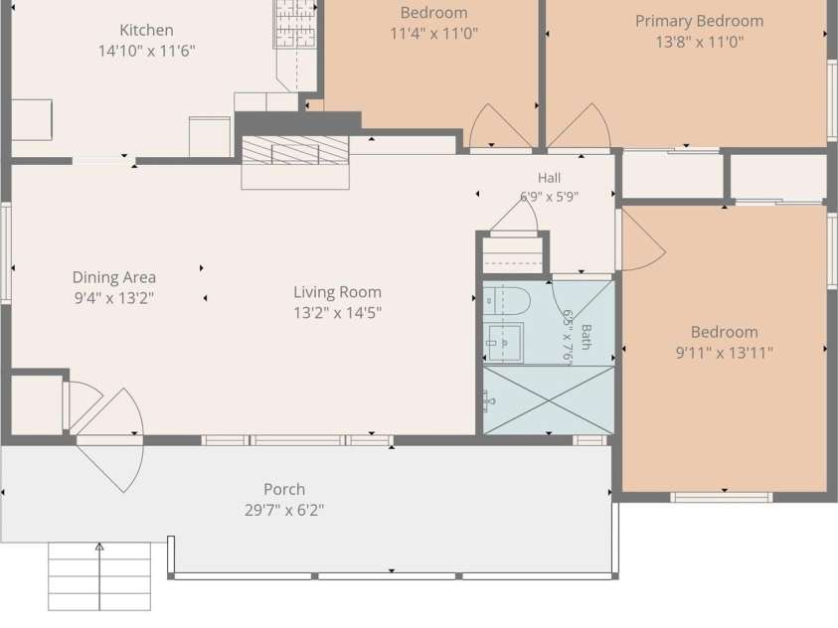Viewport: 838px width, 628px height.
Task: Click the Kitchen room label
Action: pyautogui.click(x=146, y=30)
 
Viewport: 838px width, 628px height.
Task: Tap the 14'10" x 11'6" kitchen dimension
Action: pyautogui.click(x=146, y=51)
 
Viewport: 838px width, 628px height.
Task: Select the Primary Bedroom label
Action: pyautogui.click(x=699, y=21)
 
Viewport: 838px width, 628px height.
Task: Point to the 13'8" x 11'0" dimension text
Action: pyautogui.click(x=699, y=42)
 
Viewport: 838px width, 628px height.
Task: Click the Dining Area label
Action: pyautogui.click(x=114, y=277)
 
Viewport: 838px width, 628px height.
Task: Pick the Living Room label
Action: pyautogui.click(x=337, y=292)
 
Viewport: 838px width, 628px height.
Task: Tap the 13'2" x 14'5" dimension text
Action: pyautogui.click(x=337, y=312)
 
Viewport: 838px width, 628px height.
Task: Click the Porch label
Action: pyautogui.click(x=284, y=489)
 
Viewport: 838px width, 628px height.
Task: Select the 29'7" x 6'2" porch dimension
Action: pyautogui.click(x=284, y=510)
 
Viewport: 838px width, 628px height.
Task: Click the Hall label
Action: pyautogui.click(x=549, y=177)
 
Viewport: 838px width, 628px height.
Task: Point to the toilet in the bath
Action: pyautogui.click(x=506, y=300)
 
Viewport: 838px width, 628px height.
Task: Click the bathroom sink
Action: pyautogui.click(x=504, y=342)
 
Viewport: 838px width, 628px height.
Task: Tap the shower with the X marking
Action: pyautogui.click(x=549, y=400)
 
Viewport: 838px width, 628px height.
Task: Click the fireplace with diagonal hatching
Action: pyautogui.click(x=295, y=150)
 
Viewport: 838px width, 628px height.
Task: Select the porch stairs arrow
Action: pyautogui.click(x=99, y=576)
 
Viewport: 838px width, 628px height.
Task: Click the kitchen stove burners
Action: pyautogui.click(x=295, y=24)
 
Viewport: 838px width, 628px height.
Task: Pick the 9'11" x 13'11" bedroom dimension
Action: pyautogui.click(x=724, y=353)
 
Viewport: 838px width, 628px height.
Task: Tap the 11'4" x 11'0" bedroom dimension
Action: pyautogui.click(x=434, y=34)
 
